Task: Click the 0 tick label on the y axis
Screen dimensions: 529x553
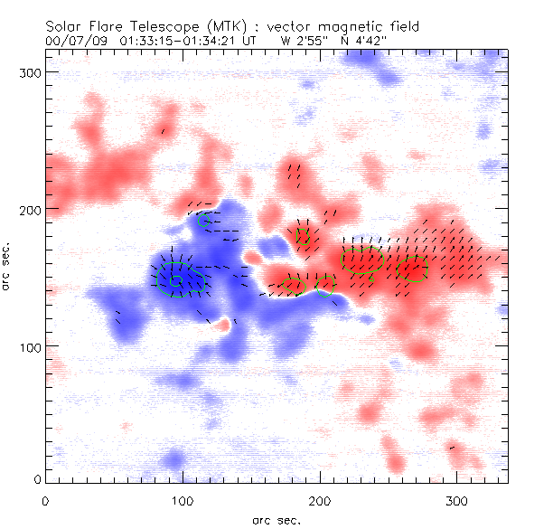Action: (x=36, y=478)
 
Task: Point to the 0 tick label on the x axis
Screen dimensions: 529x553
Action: (x=45, y=499)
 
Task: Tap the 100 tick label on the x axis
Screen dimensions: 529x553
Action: (x=183, y=499)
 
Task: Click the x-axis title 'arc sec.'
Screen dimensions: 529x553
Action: (x=276, y=520)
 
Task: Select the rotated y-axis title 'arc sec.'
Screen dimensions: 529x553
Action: (x=11, y=267)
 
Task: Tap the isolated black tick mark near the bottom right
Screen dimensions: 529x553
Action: (x=452, y=447)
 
